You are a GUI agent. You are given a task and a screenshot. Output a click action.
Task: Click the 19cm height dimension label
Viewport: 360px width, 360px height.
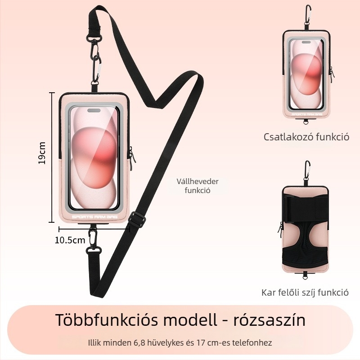tap(42, 153)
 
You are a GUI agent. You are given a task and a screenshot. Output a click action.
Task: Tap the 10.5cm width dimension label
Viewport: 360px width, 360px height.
tap(70, 240)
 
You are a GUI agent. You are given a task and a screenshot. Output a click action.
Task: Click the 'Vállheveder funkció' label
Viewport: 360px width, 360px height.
tap(198, 186)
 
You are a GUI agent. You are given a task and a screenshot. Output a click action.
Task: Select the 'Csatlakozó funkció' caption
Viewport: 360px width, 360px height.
tap(306, 137)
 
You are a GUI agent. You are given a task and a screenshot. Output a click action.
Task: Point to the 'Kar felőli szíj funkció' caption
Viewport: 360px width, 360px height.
tap(305, 292)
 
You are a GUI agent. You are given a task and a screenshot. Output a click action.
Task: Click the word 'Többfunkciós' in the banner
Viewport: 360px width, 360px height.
tap(107, 320)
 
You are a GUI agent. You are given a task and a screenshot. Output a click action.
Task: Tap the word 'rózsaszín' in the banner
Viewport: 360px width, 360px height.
tap(270, 320)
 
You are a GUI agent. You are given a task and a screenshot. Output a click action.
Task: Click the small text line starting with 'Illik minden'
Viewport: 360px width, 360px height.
tap(180, 343)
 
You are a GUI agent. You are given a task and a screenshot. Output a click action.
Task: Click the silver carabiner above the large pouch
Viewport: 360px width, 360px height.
tap(96, 68)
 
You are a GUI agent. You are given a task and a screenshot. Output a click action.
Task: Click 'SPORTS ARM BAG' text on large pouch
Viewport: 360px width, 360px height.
tap(95, 217)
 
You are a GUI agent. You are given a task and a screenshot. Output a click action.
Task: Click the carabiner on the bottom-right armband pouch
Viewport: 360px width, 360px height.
tap(307, 171)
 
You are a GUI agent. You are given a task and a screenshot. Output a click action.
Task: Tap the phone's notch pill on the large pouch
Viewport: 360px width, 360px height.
tap(94, 111)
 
